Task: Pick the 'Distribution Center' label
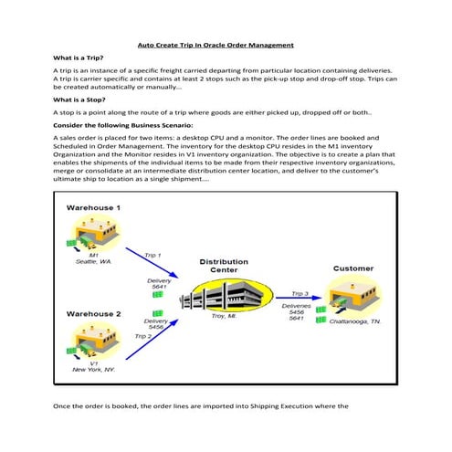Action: (x=224, y=266)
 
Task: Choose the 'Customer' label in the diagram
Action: (x=352, y=268)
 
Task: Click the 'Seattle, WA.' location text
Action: (x=93, y=262)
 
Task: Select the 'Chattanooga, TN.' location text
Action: (x=359, y=323)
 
